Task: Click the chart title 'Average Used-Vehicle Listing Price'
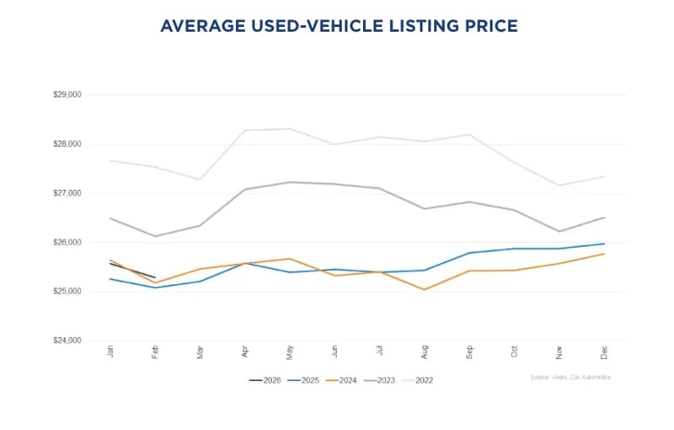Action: pos(339,27)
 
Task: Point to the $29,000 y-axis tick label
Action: pos(67,95)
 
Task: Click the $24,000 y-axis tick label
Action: pos(67,341)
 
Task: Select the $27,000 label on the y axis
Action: pos(67,193)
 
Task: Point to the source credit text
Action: pos(571,377)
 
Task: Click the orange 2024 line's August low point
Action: pos(424,289)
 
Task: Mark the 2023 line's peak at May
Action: pos(289,182)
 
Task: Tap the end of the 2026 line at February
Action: pos(155,277)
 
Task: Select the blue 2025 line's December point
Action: pos(603,244)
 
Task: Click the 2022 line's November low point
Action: pos(559,185)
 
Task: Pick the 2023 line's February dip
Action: pos(155,236)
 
